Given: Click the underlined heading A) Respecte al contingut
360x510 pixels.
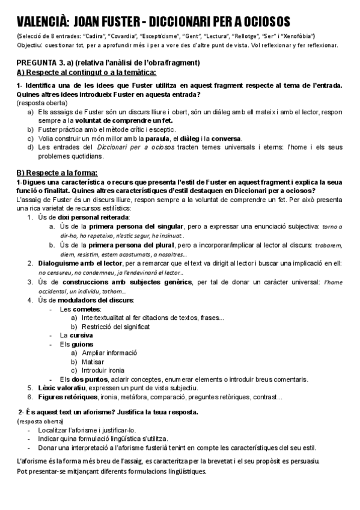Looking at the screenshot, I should pyautogui.click(x=87, y=73).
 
